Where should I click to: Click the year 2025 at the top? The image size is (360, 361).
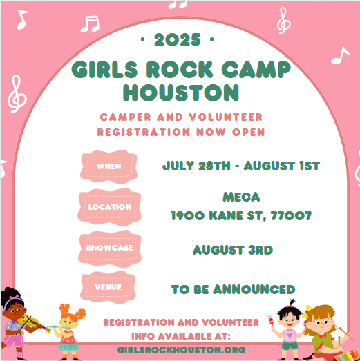[177, 40]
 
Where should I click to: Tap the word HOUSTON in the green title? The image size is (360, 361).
[181, 92]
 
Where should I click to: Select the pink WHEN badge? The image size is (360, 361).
[108, 166]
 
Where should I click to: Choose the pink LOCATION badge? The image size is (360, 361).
[109, 207]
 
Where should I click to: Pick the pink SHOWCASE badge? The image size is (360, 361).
[110, 248]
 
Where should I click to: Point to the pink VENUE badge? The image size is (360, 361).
[108, 287]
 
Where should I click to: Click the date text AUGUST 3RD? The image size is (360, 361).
[233, 250]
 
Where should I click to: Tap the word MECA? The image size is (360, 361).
[241, 197]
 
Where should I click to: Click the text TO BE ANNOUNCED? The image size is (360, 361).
[234, 289]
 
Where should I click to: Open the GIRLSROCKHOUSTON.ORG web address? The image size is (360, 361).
[181, 350]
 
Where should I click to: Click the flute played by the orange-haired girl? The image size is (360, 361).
[59, 327]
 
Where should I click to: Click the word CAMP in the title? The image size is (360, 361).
[256, 69]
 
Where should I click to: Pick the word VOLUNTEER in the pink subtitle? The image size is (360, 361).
[226, 117]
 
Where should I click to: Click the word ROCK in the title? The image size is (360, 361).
[180, 69]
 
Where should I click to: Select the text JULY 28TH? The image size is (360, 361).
[196, 166]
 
